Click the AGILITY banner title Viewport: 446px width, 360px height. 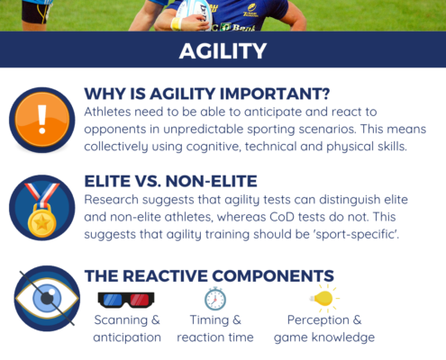pyautogui.click(x=223, y=50)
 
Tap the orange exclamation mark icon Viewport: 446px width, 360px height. pyautogui.click(x=42, y=120)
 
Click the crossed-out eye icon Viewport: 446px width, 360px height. pyautogui.click(x=47, y=298)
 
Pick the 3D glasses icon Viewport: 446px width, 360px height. pyautogui.click(x=126, y=300)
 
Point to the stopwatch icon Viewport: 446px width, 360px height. pyautogui.click(x=215, y=299)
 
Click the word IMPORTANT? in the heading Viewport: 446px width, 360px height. pyautogui.click(x=275, y=94)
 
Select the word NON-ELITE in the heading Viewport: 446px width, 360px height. pyautogui.click(x=211, y=181)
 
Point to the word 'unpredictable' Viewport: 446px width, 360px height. pyautogui.click(x=204, y=130)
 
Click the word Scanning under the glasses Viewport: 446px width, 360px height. pyautogui.click(x=121, y=320)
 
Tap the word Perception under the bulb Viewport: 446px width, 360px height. pyautogui.click(x=318, y=320)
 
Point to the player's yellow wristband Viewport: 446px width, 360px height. pyautogui.click(x=177, y=23)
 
